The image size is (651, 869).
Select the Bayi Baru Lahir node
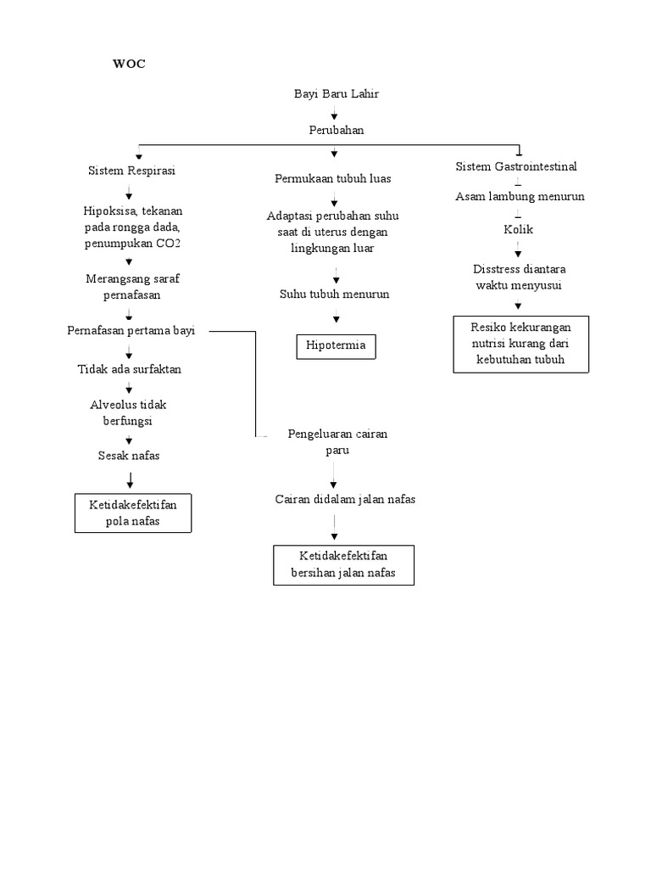336,94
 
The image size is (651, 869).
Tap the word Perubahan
336,130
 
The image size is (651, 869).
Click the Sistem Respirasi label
131,171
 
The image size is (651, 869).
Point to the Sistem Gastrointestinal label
516,167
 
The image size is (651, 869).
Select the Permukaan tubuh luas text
333,179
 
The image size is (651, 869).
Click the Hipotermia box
336,346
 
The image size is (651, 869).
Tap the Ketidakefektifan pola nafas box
133,513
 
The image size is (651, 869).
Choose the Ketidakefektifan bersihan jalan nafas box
343,565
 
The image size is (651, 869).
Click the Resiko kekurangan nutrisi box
520,344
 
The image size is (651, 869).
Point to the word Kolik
518,230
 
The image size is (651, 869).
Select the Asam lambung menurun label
520,197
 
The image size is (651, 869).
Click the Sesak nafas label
129,456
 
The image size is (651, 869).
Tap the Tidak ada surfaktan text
129,369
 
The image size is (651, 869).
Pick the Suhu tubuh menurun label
335,294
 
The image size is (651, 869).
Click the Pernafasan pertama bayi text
131,331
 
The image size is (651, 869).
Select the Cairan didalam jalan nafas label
345,500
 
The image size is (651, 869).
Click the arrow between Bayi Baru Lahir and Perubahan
335,113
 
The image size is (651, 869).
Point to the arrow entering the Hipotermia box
337,319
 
